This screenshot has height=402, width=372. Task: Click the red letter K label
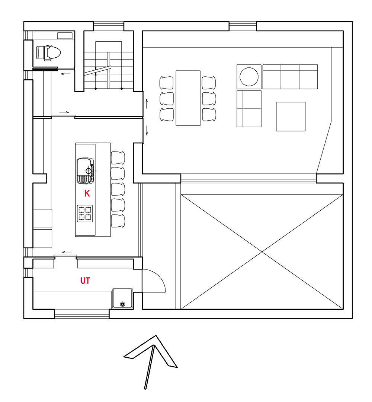87,194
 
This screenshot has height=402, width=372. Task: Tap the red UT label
85,281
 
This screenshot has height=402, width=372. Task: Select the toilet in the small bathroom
48,53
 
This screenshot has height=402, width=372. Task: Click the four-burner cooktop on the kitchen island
85,214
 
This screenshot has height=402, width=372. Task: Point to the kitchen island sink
85,171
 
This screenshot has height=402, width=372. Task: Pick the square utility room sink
122,299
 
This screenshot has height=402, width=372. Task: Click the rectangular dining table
188,98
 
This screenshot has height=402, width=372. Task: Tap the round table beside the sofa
249,77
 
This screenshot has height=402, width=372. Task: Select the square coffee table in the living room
291,117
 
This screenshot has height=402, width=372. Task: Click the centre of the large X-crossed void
262,252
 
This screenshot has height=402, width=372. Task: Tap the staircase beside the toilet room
109,65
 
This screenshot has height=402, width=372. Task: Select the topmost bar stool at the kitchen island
118,158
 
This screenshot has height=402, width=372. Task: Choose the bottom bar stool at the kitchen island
118,221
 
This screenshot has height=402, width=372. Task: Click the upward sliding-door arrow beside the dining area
147,103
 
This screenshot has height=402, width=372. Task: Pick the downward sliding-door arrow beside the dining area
147,130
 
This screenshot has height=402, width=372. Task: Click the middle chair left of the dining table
167,99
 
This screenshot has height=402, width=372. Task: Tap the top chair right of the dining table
209,83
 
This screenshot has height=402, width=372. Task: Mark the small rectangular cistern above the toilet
65,36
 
